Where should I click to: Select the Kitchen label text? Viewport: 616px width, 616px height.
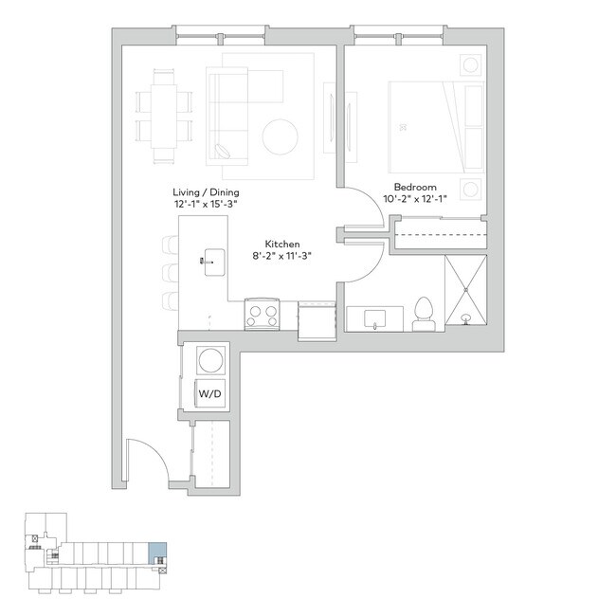pos(282,244)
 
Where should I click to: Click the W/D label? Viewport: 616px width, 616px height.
pos(208,392)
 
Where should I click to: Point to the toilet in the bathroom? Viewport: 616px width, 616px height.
pos(424,312)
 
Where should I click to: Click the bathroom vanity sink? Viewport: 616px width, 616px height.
pos(378,317)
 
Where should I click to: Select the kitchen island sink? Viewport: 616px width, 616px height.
pos(211,259)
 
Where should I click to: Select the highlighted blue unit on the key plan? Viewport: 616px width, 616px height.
pos(157,550)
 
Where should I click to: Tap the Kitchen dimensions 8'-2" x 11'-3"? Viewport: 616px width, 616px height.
pos(282,257)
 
